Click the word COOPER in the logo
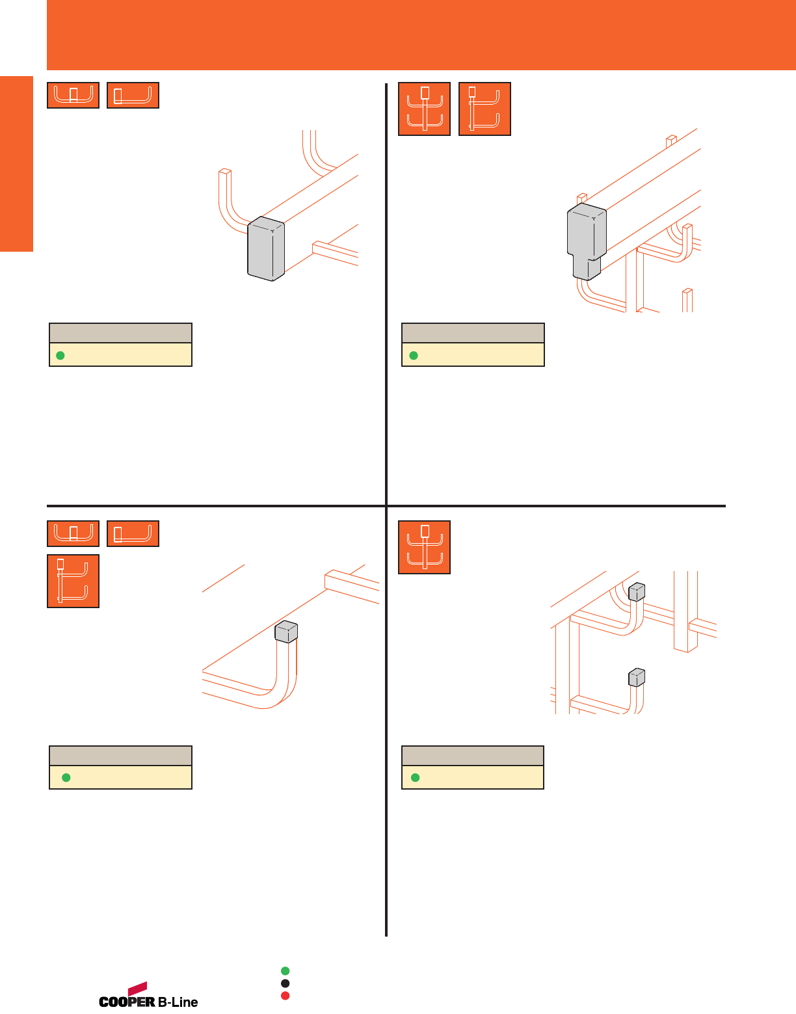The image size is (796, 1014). coord(127,1002)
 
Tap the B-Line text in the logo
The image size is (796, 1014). coord(178,1002)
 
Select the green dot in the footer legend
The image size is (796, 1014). coord(285,971)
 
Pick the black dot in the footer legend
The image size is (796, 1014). coord(285,983)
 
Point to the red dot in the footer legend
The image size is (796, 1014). coord(285,996)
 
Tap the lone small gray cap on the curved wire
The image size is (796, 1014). coord(287,632)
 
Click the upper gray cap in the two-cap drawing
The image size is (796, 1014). coord(637,591)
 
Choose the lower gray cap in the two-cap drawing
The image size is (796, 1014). coord(637,678)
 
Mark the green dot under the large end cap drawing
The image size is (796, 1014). coord(60,355)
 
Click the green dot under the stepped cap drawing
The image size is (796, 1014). coord(413,355)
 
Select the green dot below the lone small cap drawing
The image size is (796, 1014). coord(66,778)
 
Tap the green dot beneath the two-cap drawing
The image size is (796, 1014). coord(415,778)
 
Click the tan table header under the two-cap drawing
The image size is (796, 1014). coord(473,756)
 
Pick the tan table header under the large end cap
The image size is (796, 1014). coord(120,333)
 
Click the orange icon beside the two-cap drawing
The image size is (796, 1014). coord(424,547)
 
